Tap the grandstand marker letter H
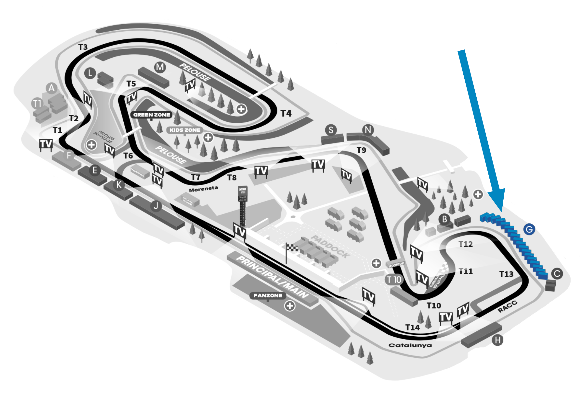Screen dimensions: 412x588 (497, 340)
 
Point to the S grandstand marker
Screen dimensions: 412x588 (331, 130)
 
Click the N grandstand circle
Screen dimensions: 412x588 (368, 130)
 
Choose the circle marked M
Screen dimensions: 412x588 (160, 67)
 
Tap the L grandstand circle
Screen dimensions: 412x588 (90, 73)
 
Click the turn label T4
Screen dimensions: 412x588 (286, 113)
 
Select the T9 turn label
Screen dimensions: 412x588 (361, 150)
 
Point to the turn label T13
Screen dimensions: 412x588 (506, 274)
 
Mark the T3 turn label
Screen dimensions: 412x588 (83, 47)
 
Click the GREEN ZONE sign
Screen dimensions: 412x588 (152, 115)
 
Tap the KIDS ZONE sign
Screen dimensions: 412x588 (185, 130)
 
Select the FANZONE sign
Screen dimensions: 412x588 (268, 296)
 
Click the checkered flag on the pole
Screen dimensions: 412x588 (292, 247)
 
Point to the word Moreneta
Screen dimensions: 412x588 (204, 189)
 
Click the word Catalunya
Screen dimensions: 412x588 (410, 345)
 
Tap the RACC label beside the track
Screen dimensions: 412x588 (507, 307)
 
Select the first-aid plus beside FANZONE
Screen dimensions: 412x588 (290, 306)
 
